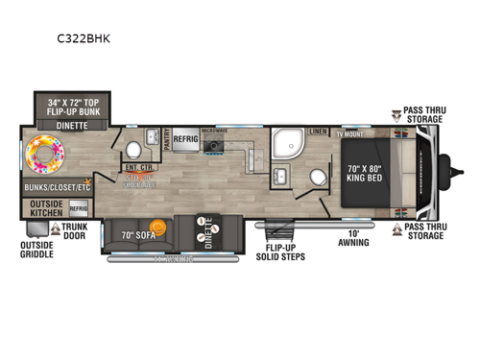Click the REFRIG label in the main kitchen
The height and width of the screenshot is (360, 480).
(x=185, y=138)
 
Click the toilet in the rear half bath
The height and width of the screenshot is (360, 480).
(x=133, y=151)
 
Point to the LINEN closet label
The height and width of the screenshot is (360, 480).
(x=318, y=132)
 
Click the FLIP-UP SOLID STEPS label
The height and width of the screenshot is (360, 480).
(x=280, y=252)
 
